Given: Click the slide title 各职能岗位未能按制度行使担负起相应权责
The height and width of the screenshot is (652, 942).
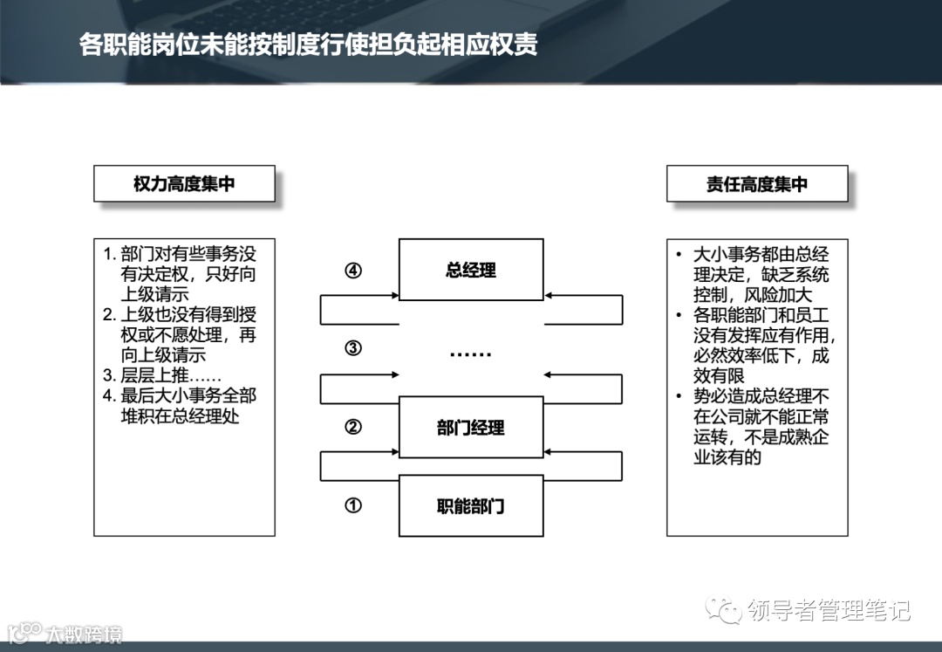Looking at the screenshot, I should point(308,45).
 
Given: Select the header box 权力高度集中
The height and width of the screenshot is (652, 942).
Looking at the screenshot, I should point(184,184).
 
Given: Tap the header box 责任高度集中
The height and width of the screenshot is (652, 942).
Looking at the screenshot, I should point(757,184).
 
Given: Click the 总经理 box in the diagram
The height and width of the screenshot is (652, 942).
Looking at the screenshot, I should point(471,270).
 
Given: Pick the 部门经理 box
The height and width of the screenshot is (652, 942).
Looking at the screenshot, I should point(471,427).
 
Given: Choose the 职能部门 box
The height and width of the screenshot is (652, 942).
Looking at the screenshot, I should point(471,505).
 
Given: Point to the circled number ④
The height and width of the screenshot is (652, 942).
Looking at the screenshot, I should point(353,271).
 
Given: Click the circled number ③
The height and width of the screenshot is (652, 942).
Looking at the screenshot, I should point(353,348).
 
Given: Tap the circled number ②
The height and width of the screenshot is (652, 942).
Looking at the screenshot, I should point(353,427).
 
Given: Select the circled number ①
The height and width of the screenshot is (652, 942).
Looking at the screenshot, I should point(353,505).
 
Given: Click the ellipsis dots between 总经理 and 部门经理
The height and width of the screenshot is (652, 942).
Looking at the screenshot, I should point(471,353).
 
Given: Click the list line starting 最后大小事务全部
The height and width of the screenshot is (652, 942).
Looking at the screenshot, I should point(180,396).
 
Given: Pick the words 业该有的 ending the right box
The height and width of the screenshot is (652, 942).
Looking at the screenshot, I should point(727,456).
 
